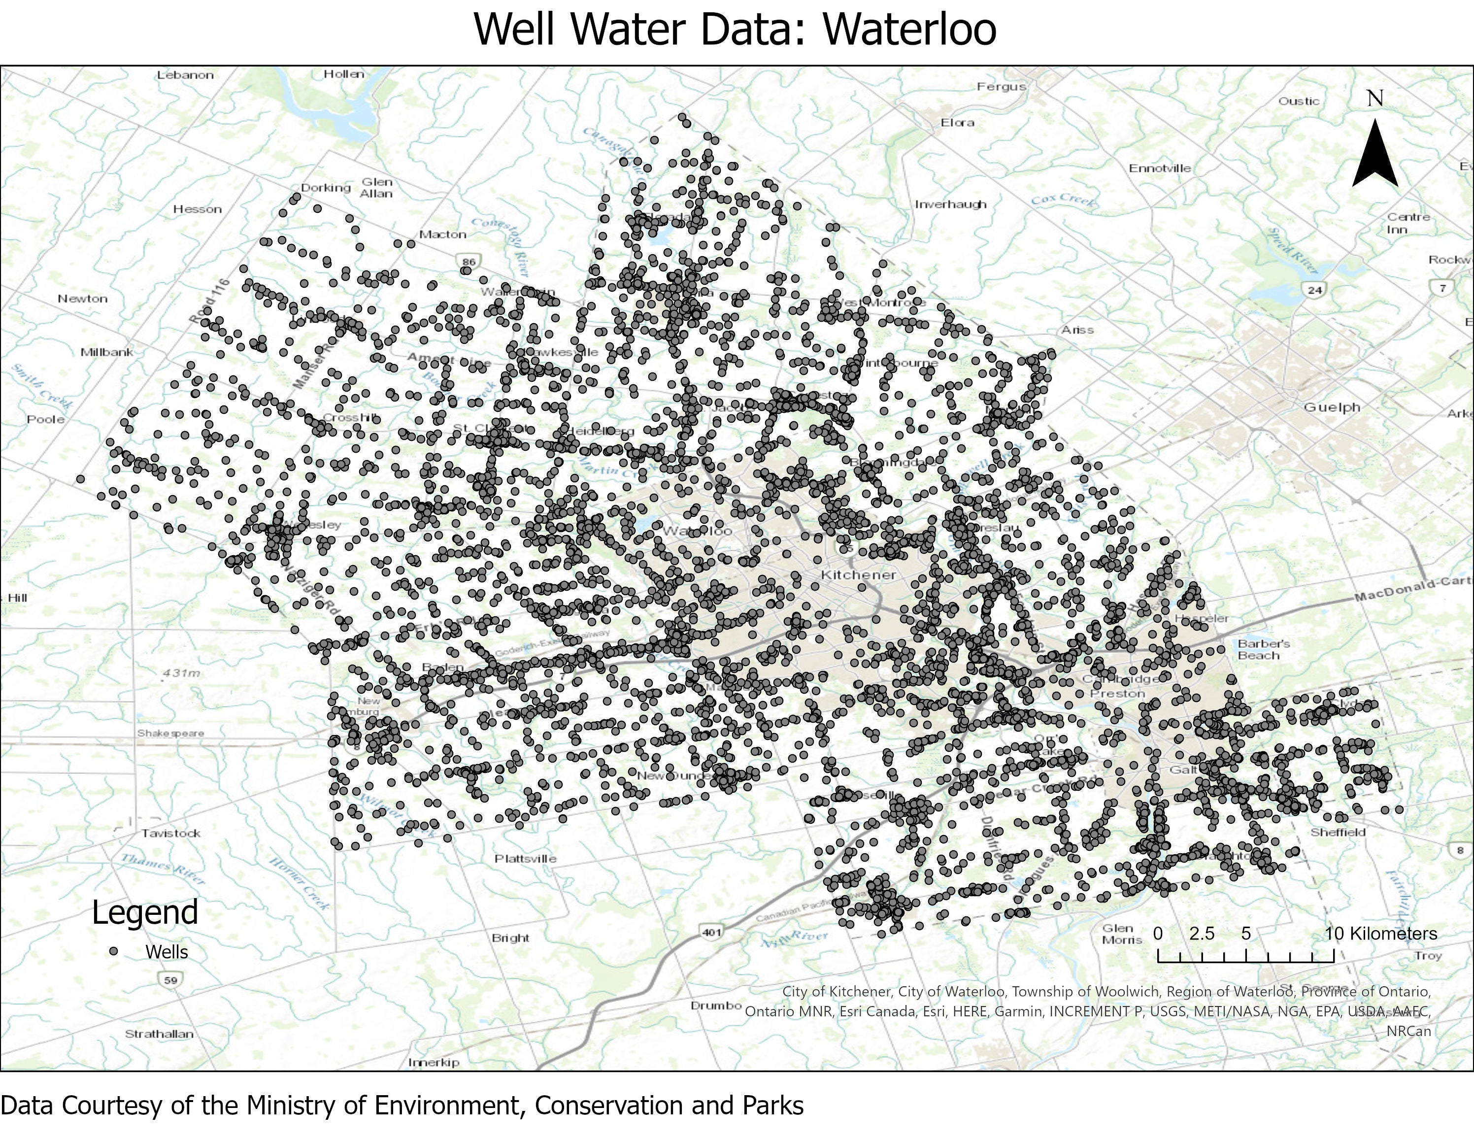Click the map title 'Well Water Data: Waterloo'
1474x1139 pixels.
(735, 29)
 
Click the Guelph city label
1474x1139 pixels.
(1332, 407)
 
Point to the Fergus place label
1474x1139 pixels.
(1002, 86)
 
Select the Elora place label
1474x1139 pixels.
(958, 122)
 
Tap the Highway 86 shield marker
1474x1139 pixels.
(469, 262)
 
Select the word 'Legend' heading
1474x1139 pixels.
(145, 912)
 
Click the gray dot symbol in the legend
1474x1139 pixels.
(114, 951)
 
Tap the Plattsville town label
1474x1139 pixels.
(526, 858)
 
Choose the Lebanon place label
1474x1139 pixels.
(185, 75)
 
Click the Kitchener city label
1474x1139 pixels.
(858, 575)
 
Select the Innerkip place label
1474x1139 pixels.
(434, 1062)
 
